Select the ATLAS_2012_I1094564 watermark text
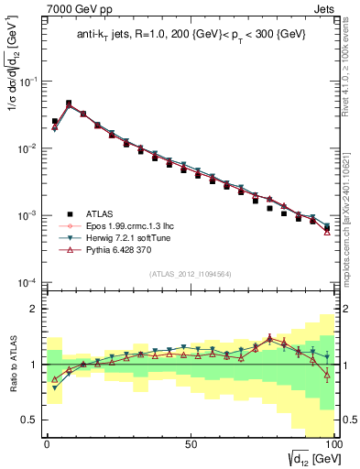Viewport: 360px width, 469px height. pos(190,273)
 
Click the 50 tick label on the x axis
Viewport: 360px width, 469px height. pos(190,442)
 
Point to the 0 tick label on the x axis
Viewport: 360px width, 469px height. pos(47,442)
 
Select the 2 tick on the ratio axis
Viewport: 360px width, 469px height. pos(36,309)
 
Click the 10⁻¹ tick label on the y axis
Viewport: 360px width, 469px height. pos(27,82)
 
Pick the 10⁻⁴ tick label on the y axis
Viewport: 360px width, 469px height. pos(27,282)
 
